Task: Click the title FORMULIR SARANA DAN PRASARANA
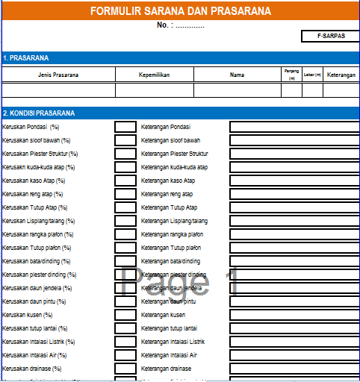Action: coord(181,12)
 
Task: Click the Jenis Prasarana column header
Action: coord(58,75)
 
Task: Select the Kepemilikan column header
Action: coord(155,75)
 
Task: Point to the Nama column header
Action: coord(237,75)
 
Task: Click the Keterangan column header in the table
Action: coord(341,75)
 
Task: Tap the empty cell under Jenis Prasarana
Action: coord(58,90)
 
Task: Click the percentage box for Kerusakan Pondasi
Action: coord(125,127)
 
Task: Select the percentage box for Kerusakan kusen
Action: coord(125,315)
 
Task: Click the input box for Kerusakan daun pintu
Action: coord(125,301)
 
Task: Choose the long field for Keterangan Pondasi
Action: coord(294,127)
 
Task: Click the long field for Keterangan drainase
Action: coord(294,369)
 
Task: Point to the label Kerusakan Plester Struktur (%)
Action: coord(40,154)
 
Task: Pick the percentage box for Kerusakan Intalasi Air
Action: coord(125,355)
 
